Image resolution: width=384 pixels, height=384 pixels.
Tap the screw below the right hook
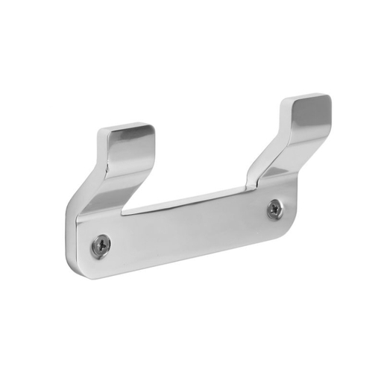coord(275,209)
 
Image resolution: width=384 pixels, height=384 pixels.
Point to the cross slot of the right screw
coord(275,209)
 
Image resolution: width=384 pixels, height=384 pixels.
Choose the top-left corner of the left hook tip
coord(101,133)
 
